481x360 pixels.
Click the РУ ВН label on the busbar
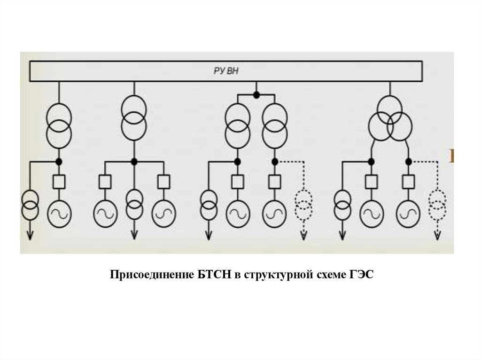227,70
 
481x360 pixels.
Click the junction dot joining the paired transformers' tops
256,95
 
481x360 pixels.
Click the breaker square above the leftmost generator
59,182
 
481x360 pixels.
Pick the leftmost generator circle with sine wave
59,214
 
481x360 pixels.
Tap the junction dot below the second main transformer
134,161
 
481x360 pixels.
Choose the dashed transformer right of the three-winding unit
438,202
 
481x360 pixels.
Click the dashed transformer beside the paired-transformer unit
304,202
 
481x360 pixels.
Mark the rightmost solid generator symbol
408,214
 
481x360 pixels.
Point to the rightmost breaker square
408,182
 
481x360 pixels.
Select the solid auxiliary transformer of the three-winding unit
342,202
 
